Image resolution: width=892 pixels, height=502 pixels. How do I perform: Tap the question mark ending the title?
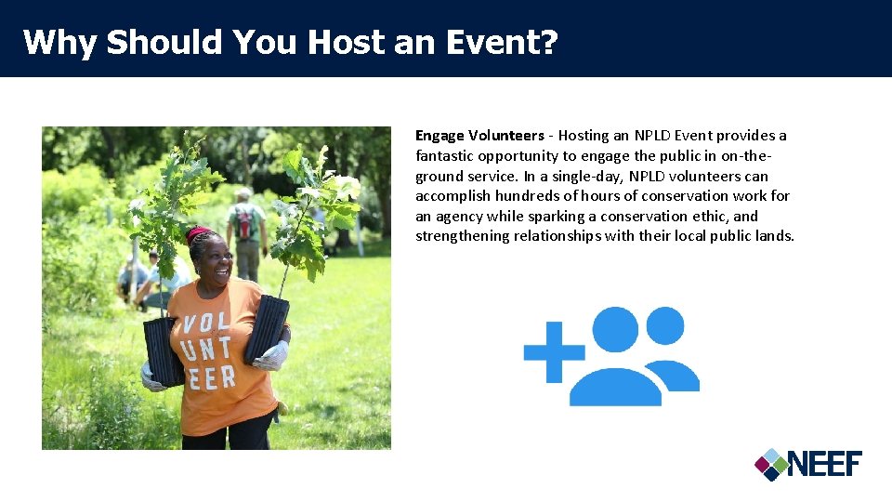pos(547,42)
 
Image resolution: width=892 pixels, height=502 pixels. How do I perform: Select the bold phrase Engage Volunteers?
pos(479,136)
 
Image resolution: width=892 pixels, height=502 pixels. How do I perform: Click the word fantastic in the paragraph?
pos(446,156)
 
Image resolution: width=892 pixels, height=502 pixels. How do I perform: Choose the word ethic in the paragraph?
pos(715,217)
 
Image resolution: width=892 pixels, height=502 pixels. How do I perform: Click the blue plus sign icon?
pos(554,352)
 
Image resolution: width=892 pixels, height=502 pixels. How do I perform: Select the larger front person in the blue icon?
pos(615,363)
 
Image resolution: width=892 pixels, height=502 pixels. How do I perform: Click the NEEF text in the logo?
pos(825,463)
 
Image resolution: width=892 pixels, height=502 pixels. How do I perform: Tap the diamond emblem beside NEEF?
pos(770,464)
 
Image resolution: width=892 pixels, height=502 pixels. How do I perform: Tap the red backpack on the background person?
pos(244,222)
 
